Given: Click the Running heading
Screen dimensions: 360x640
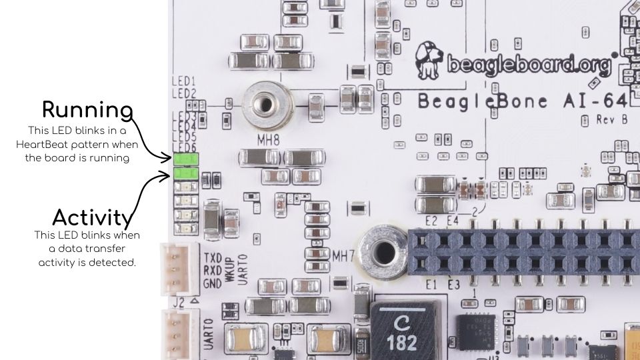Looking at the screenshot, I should pyautogui.click(x=87, y=109).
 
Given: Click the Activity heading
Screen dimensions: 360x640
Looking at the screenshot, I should pyautogui.click(x=90, y=217).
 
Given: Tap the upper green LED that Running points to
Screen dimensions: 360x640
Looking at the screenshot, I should pyautogui.click(x=185, y=159).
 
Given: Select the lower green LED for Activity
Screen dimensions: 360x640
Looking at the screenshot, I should pyautogui.click(x=185, y=173).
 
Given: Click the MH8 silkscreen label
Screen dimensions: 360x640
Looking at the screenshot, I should pyautogui.click(x=267, y=141).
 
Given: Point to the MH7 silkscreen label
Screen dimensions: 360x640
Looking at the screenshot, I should pyautogui.click(x=344, y=255).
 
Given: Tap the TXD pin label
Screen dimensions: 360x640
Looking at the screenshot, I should pyautogui.click(x=212, y=257).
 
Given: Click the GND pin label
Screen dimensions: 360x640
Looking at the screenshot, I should pyautogui.click(x=212, y=283).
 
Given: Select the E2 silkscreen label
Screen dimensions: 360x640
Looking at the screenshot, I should pyautogui.click(x=431, y=221).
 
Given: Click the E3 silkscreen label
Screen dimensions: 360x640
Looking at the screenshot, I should pyautogui.click(x=454, y=285).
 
